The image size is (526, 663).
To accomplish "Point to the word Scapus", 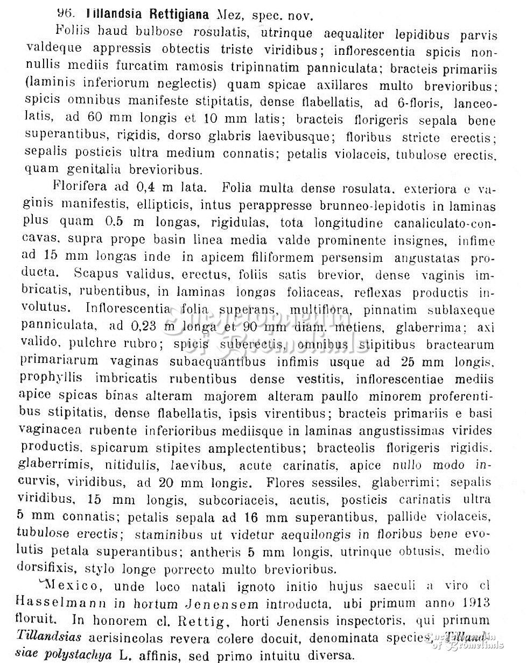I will point(96,274).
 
